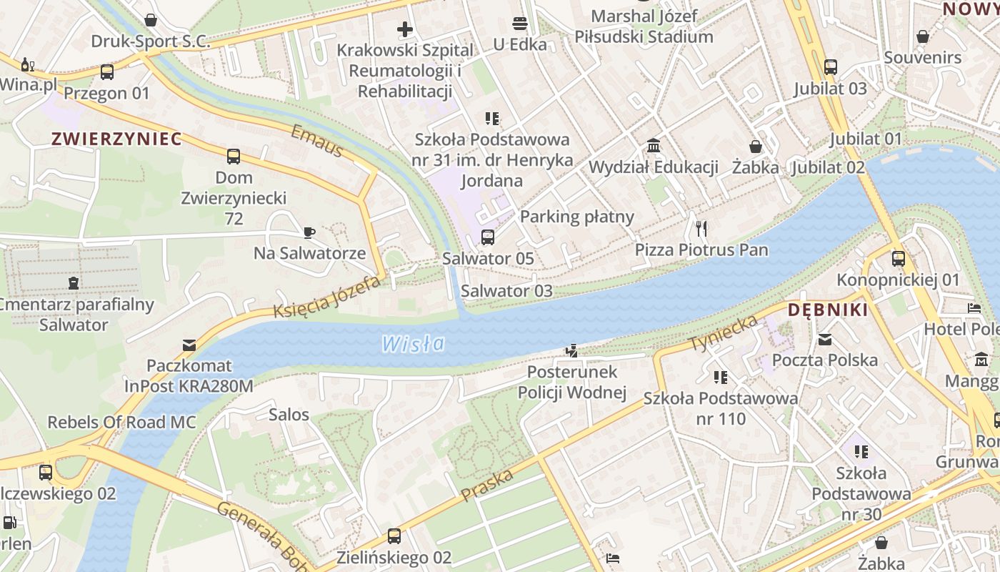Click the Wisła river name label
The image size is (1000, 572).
[413, 344]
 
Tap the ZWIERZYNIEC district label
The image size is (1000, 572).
[116, 139]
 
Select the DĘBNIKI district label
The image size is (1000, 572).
[828, 310]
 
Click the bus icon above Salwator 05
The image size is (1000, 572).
[488, 237]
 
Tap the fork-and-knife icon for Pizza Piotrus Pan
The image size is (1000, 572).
[701, 229]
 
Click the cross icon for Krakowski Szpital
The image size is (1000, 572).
[405, 29]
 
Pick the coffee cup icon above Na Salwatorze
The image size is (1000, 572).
[309, 232]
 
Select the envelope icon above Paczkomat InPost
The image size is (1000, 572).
[189, 345]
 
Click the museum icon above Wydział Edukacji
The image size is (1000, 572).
[653, 147]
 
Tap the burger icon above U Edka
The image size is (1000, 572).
[520, 24]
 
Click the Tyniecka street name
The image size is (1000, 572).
[724, 332]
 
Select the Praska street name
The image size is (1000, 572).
[487, 485]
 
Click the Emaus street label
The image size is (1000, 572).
[317, 141]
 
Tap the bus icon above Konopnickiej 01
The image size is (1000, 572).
[899, 259]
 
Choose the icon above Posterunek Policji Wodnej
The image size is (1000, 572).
[571, 351]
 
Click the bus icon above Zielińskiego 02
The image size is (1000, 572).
[394, 536]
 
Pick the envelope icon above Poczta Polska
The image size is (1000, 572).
[825, 340]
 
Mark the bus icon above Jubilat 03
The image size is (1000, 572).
[831, 67]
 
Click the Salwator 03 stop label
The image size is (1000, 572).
[506, 290]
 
